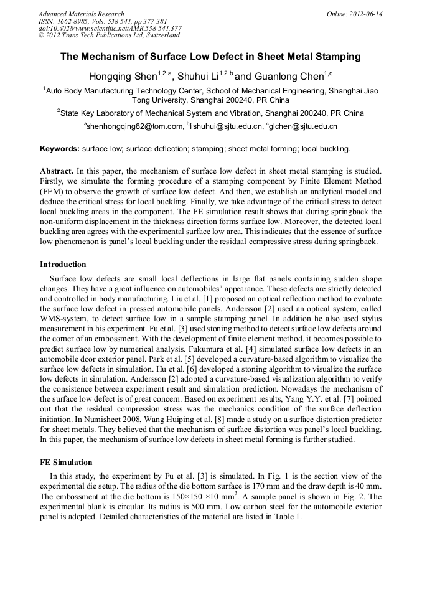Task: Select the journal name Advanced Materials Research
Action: [81, 14]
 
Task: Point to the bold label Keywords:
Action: [60, 149]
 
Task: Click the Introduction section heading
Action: [67, 264]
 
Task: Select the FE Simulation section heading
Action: [66, 463]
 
